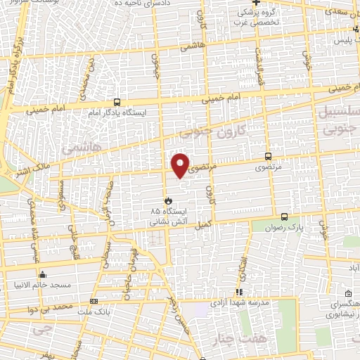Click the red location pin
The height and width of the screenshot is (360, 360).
tap(181, 165)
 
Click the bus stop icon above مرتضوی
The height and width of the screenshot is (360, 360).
tap(267, 157)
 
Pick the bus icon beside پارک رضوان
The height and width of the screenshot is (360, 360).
tap(285, 217)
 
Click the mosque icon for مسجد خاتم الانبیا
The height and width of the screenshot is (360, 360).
tap(44, 275)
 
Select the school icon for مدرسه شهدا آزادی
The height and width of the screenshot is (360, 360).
tap(239, 292)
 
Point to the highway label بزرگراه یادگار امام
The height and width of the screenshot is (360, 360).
tap(13, 67)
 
